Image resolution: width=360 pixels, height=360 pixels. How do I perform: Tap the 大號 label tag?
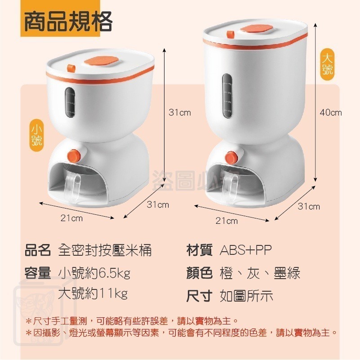coord(327,64)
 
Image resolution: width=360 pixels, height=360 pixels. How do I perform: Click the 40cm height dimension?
coord(331,112)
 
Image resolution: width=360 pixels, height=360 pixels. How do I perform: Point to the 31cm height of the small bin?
coord(180,112)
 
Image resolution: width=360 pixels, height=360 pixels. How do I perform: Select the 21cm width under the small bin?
coord(72,218)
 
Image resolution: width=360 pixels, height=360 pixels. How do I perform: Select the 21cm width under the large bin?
coord(227,221)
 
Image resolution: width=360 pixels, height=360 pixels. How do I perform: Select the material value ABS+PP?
coord(246,250)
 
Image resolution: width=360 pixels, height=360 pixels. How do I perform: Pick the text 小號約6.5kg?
coord(94,273)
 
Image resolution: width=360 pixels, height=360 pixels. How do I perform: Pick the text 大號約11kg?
coord(93,294)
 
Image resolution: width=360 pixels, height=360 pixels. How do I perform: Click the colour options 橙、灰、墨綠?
coord(260,273)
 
